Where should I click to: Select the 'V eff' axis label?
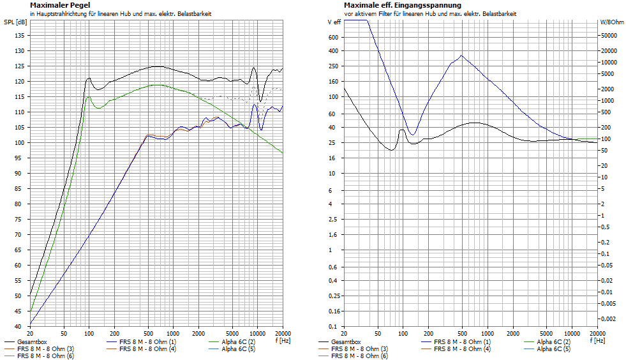coord(333,22)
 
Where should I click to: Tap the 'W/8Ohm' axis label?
coord(611,22)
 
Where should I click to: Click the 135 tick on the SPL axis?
coord(19,36)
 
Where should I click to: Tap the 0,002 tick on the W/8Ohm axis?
coord(609,318)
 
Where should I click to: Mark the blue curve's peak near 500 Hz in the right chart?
coord(461,56)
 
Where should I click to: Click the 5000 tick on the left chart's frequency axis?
coord(232,334)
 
